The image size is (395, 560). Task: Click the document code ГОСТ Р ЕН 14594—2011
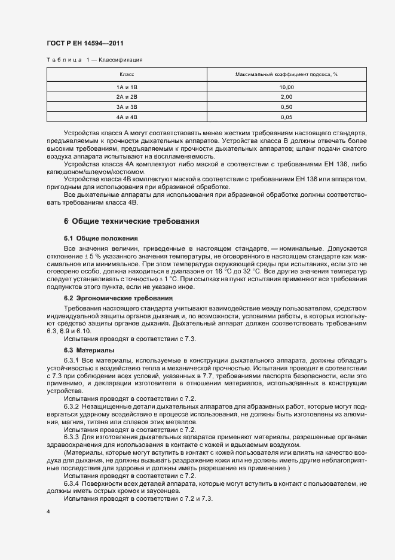85,43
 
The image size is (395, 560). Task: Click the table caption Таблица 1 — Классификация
94,60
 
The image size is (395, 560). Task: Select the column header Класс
127,75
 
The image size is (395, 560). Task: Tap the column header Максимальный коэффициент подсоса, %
286,75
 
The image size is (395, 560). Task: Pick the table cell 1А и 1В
127,87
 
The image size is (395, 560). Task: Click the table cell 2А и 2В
127,97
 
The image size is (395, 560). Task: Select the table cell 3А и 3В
127,106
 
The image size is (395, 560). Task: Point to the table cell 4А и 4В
127,117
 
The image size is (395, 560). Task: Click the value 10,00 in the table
286,87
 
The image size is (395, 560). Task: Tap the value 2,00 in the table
286,97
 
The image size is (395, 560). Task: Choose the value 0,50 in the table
286,106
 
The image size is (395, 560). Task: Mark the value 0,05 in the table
286,117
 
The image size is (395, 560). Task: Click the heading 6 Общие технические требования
131,221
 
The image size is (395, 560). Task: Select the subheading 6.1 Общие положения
100,238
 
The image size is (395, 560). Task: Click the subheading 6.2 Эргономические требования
118,297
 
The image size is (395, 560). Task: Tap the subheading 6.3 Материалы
89,349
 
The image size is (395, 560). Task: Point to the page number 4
48,513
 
